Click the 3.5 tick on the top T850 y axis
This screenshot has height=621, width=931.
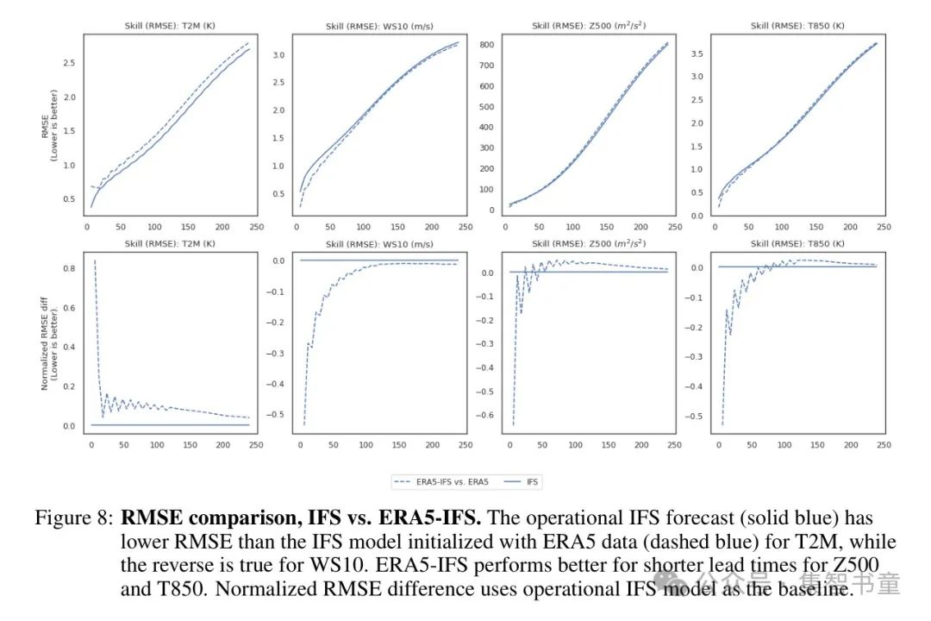(x=697, y=53)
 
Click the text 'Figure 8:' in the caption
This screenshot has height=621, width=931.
(x=73, y=519)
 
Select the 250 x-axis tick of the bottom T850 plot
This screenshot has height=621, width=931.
(x=884, y=445)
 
